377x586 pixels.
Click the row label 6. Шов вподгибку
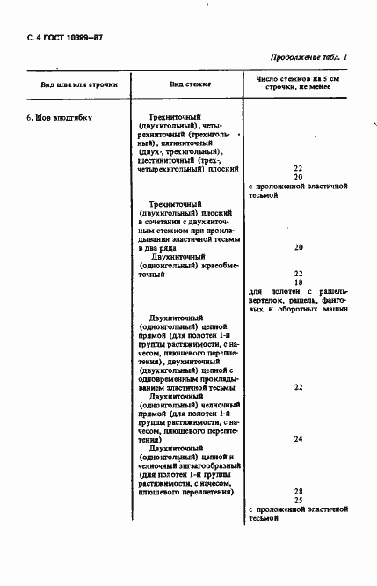[58, 117]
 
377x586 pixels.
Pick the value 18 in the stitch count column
[298, 282]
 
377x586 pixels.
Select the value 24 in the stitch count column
[298, 438]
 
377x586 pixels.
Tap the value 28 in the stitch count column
[298, 490]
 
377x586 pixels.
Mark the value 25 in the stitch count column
[298, 500]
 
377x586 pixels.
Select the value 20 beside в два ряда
[298, 248]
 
